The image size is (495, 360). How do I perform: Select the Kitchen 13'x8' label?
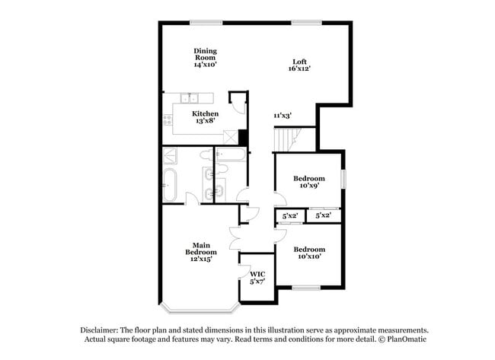205,117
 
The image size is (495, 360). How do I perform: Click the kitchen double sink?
190,97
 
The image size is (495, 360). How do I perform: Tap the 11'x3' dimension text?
283,116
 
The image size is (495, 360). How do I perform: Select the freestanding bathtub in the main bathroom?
170,186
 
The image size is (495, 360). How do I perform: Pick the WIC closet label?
257,277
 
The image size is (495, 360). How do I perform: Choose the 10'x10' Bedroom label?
309,253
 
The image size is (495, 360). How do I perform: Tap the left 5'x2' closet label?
289,216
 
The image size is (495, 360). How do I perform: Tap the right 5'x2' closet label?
323,216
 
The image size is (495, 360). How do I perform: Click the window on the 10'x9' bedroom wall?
343,178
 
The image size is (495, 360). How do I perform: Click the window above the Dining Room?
201,22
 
